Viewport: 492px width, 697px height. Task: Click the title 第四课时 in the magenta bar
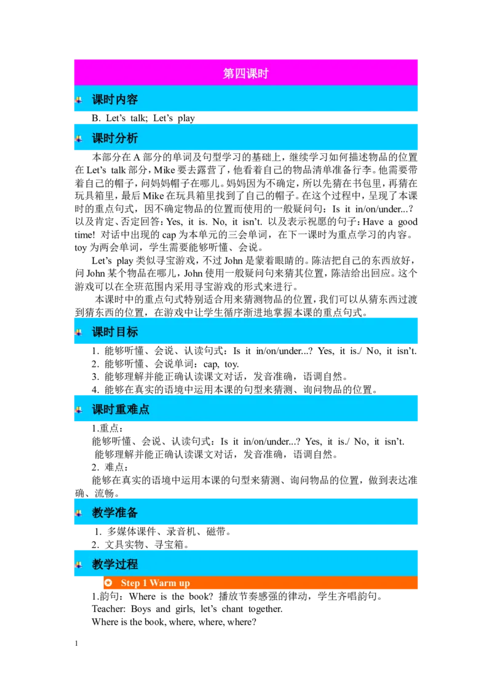click(x=245, y=74)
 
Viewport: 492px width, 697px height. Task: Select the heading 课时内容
click(x=115, y=100)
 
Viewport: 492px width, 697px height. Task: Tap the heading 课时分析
click(x=115, y=139)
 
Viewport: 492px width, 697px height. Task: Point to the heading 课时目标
click(x=115, y=332)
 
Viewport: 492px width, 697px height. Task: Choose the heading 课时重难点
click(x=121, y=409)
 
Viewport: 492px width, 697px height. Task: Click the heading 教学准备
click(x=115, y=512)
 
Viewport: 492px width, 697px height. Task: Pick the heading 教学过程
click(x=115, y=564)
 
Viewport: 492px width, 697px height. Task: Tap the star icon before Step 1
click(x=109, y=583)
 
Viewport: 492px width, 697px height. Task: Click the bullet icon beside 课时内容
click(x=79, y=100)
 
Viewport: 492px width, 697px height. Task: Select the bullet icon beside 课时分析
click(x=79, y=139)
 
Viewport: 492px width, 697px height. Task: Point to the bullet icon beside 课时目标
click(x=79, y=332)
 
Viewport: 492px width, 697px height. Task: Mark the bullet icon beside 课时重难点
click(x=79, y=409)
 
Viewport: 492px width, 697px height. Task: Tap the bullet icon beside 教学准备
click(x=79, y=512)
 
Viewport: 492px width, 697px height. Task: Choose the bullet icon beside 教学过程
click(x=79, y=564)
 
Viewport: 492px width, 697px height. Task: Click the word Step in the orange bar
click(x=130, y=583)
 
